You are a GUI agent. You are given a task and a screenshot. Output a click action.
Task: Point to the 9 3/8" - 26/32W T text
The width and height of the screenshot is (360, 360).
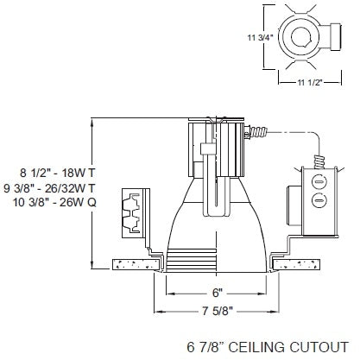point(48,186)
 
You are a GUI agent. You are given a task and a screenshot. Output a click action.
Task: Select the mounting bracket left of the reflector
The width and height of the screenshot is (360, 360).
point(132,208)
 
